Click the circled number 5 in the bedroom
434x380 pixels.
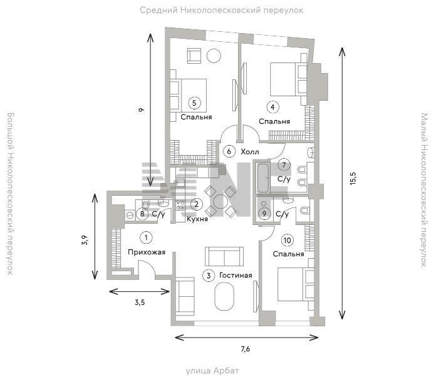coord(194,103)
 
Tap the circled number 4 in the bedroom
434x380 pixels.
coord(272,107)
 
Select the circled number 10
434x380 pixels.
coord(287,240)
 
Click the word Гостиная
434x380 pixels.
coord(235,276)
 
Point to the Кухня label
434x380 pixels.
coord(197,219)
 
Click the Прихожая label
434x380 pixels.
coord(147,252)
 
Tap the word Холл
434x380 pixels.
coord(250,152)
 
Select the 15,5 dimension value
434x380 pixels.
coord(353,178)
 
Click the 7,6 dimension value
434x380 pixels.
coord(245,349)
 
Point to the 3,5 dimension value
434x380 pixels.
coord(140,302)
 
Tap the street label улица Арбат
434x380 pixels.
coord(212,371)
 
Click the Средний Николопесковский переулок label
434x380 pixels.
coord(222,11)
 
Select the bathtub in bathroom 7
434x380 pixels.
coord(263,178)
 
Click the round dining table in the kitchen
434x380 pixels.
coord(220,201)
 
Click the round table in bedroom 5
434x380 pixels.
coord(214,56)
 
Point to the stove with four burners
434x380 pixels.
coord(180,205)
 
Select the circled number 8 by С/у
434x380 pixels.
coord(142,214)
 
